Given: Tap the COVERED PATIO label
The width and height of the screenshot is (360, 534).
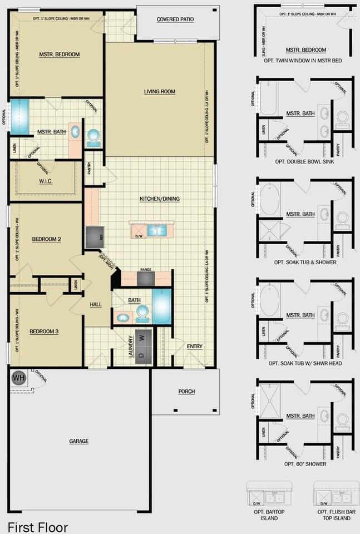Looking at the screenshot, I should click(175, 19).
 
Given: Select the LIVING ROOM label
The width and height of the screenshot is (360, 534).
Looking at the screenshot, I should click(160, 91).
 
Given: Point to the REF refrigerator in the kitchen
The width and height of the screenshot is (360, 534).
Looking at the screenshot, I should click(92, 236).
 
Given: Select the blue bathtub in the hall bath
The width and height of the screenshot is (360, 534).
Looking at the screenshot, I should click(163, 306).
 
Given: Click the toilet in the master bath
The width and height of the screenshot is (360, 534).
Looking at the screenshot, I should click(93, 135).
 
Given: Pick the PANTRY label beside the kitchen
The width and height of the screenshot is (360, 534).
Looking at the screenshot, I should click(89, 169).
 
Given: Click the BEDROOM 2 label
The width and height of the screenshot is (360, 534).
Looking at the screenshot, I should click(46, 239).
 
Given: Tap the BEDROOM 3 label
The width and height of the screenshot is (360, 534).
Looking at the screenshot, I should click(45, 332).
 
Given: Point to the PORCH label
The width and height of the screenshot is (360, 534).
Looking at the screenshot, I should click(186, 392).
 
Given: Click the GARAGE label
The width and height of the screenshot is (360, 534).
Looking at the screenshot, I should click(78, 441).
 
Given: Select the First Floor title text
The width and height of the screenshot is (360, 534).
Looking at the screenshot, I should click(38, 526).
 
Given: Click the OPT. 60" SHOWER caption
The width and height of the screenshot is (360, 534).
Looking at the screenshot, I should click(305, 463).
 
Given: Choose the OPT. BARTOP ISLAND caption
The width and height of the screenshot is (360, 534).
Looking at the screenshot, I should click(265, 515).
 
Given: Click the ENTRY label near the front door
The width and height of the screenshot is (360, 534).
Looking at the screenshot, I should click(195, 347).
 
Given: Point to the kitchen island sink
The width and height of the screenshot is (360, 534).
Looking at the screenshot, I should click(156, 230).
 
